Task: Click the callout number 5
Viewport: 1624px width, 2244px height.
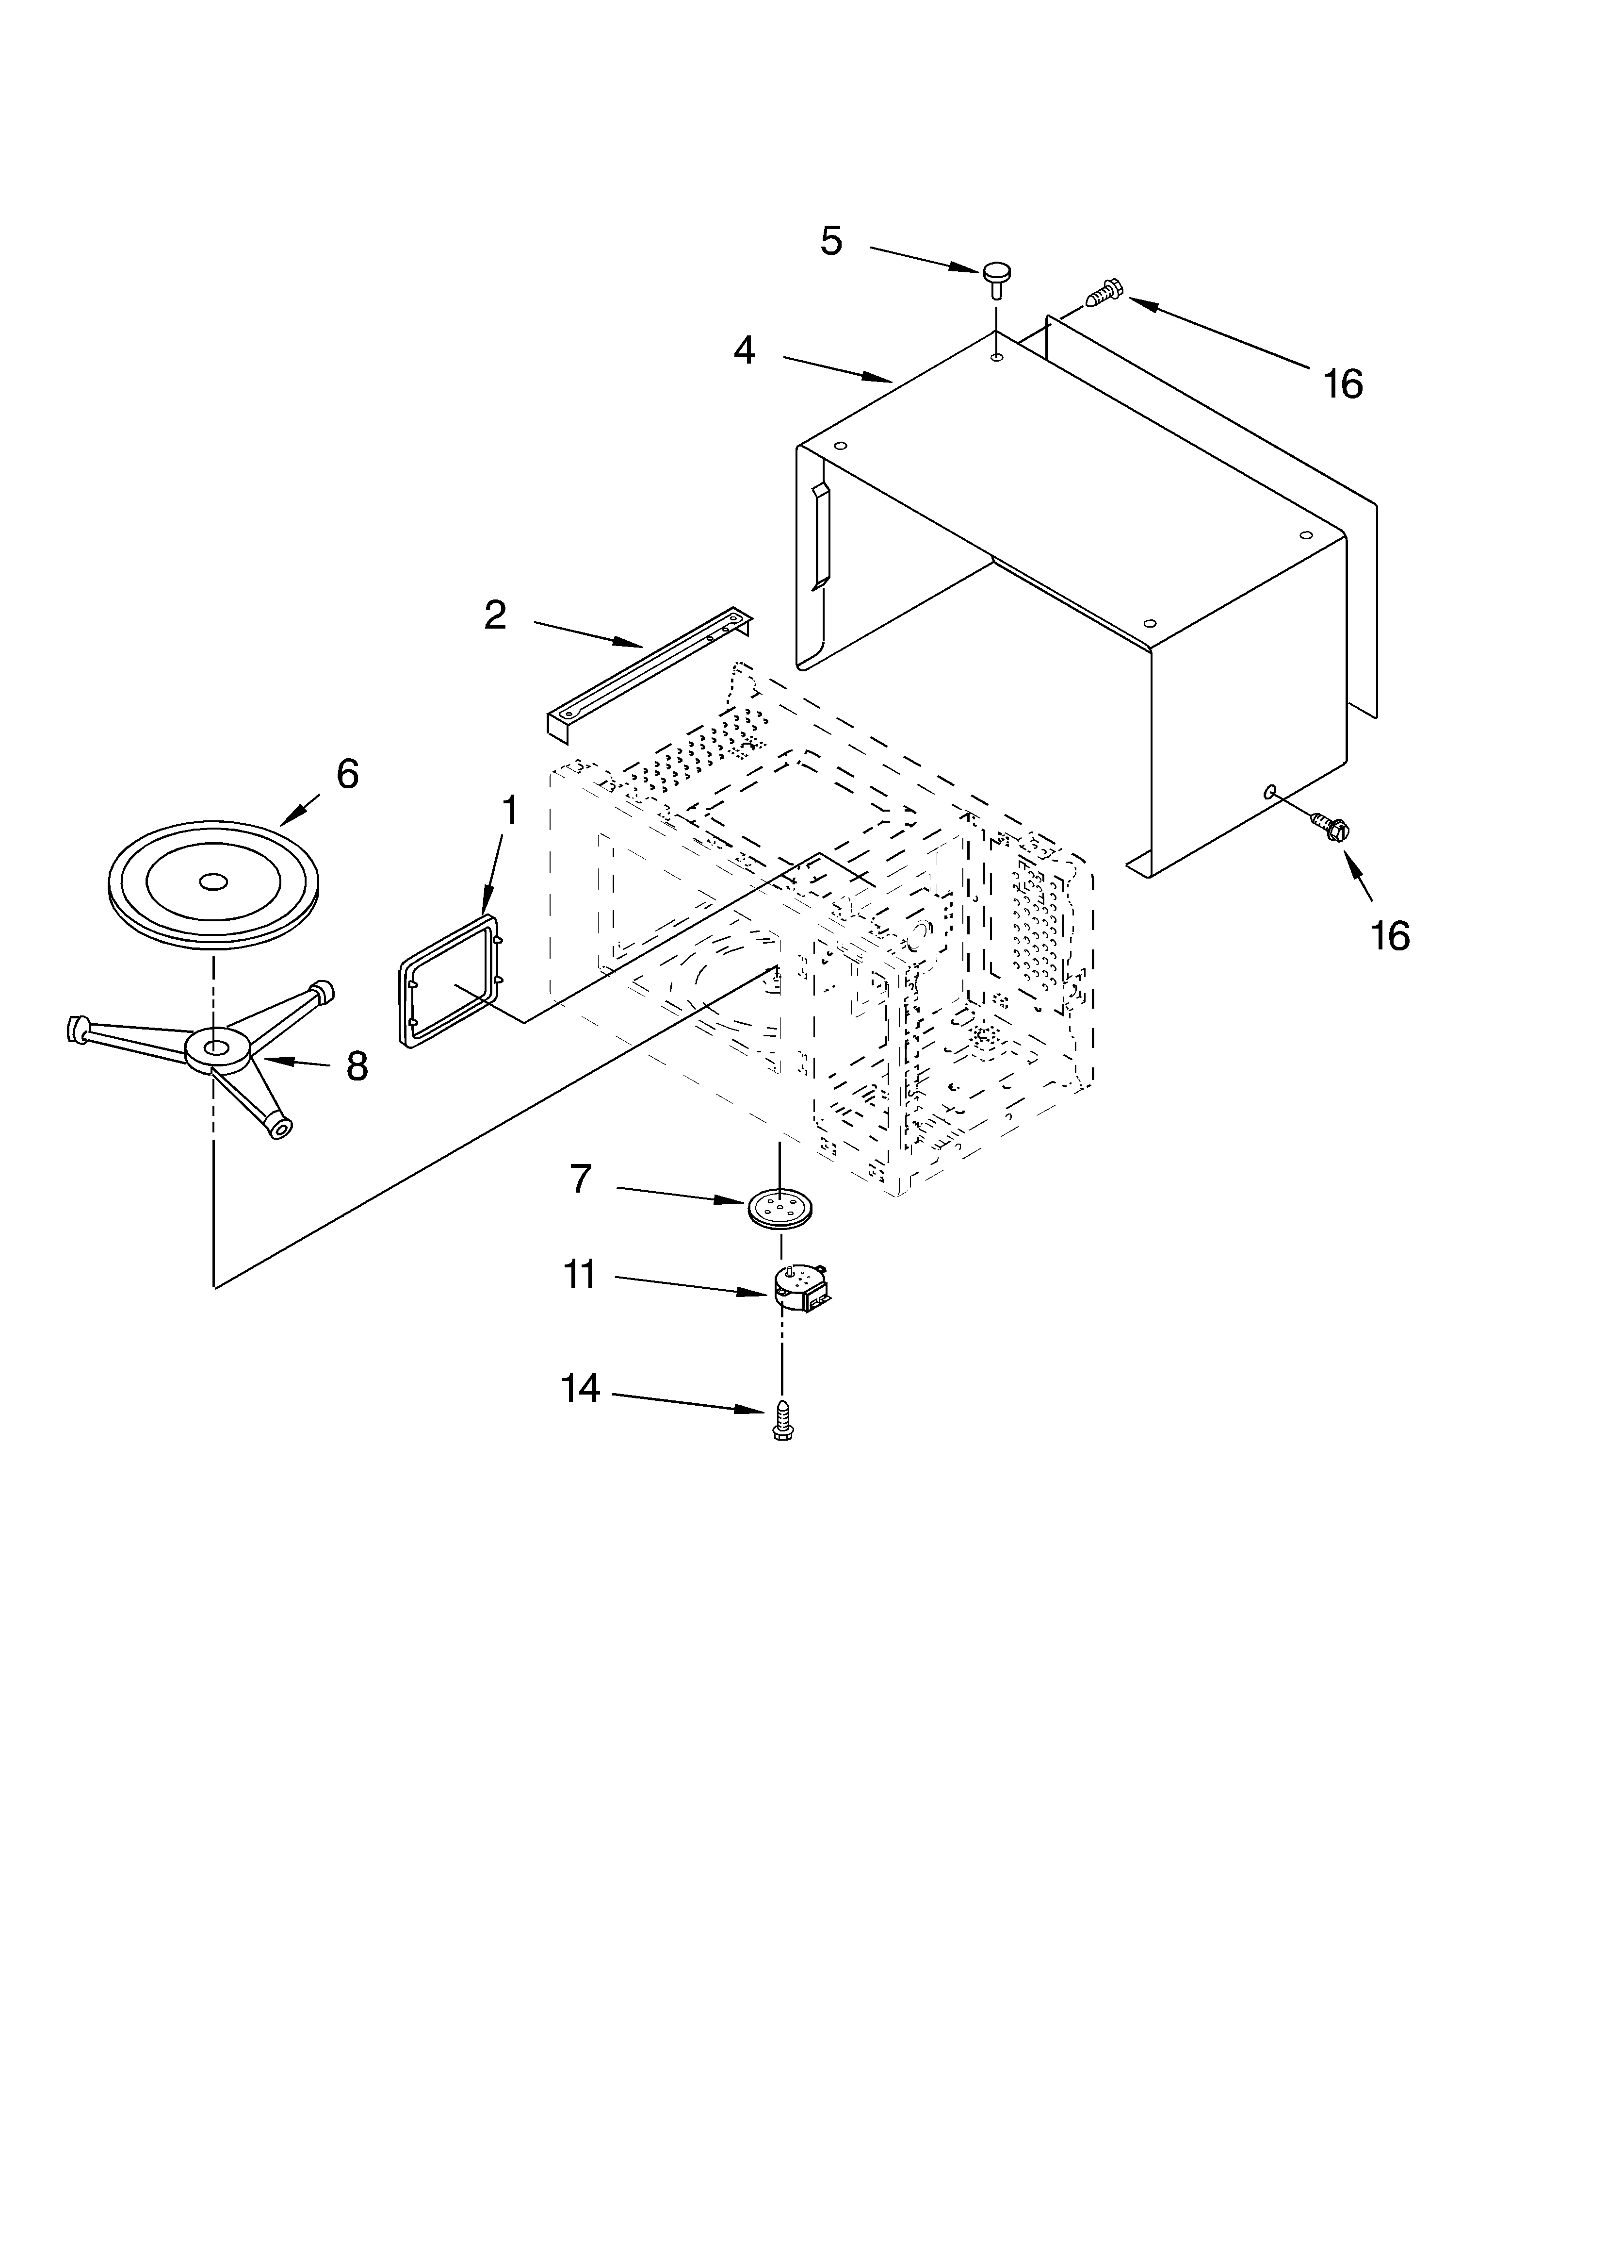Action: [831, 240]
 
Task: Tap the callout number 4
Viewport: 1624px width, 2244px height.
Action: [744, 350]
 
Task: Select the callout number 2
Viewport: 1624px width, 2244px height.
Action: [494, 615]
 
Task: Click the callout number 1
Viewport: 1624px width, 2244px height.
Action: [509, 811]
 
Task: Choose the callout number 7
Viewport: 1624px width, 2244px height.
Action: [581, 1180]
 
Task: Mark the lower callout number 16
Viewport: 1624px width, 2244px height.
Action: [1390, 935]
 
